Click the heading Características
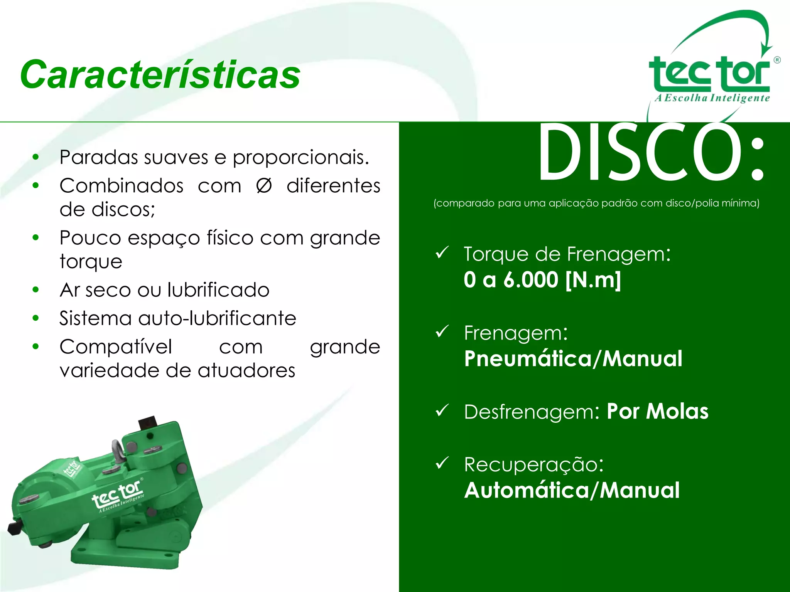click(x=160, y=74)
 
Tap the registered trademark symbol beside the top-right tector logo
click(x=777, y=60)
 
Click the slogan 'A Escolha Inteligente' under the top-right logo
click(x=712, y=98)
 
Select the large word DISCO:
click(x=651, y=152)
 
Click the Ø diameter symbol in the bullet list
click(x=264, y=186)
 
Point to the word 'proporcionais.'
click(x=301, y=157)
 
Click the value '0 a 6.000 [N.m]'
click(x=542, y=279)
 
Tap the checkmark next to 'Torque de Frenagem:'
click(x=442, y=252)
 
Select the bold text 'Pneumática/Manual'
click(x=573, y=358)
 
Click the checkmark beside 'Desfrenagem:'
click(x=442, y=410)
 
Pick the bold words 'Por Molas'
click(x=657, y=411)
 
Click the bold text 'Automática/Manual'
click(x=572, y=490)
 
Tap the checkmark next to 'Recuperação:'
click(x=442, y=462)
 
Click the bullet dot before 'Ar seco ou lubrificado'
click(x=36, y=289)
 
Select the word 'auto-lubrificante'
click(x=217, y=318)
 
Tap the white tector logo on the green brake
click(x=118, y=496)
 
